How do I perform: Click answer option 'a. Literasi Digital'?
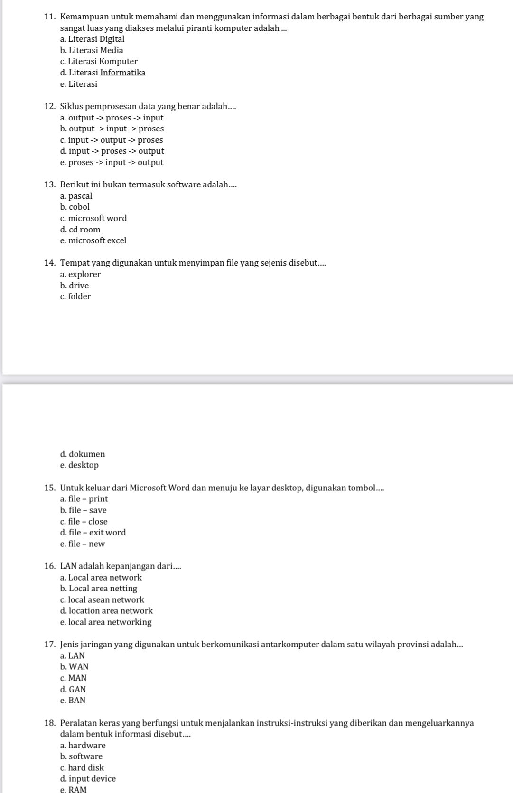click(x=93, y=39)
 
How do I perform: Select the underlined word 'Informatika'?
click(x=123, y=73)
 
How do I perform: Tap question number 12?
click(x=49, y=107)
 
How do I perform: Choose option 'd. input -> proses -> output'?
click(x=112, y=151)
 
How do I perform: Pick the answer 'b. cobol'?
click(x=75, y=207)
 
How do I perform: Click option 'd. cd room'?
click(x=80, y=230)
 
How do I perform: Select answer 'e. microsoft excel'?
click(x=93, y=240)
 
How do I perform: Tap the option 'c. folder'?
click(x=75, y=297)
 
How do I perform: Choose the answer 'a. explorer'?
click(x=81, y=274)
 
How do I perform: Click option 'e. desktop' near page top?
click(x=80, y=465)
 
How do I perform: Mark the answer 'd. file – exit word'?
click(x=93, y=533)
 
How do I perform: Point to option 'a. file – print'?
click(x=84, y=499)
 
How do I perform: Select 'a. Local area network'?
click(x=101, y=578)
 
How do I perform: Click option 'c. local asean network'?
click(x=102, y=600)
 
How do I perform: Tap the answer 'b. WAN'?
click(x=75, y=667)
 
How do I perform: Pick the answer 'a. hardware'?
click(x=83, y=746)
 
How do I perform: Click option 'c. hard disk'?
click(x=82, y=768)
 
